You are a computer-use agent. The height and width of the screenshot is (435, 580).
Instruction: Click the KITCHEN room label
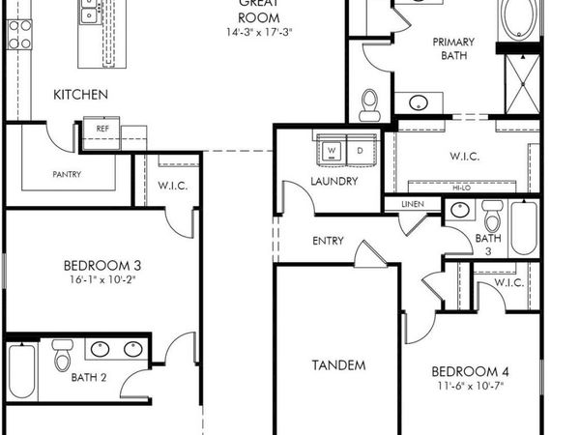coord(79,95)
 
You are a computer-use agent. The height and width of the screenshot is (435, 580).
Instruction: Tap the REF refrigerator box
coord(101,129)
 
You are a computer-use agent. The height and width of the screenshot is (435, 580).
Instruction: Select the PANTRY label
coord(67,175)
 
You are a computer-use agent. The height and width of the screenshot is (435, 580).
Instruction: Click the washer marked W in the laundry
coord(332,151)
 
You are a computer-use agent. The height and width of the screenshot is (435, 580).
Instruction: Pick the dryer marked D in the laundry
coord(360,151)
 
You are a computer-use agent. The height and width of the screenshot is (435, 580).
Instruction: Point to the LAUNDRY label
coord(335,181)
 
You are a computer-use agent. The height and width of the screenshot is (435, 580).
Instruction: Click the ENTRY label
coord(330,241)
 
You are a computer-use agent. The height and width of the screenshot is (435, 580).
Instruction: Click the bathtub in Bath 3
coord(523,228)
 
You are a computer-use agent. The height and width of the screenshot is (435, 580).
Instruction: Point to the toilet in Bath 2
coord(63,357)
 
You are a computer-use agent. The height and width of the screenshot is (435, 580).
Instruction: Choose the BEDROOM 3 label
coord(102,266)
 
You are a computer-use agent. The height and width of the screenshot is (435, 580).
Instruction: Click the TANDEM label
coord(338,365)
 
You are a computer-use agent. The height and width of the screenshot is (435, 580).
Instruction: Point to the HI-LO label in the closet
coord(464,188)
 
